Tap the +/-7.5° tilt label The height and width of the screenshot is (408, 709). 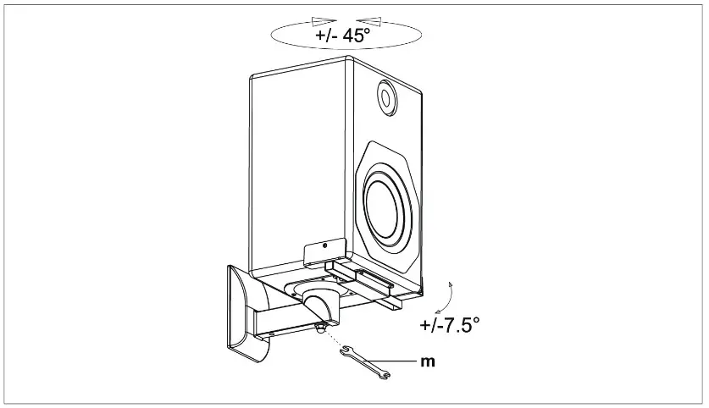pyautogui.click(x=449, y=325)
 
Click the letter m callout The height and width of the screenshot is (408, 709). pyautogui.click(x=429, y=361)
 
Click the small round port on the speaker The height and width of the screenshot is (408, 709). pyautogui.click(x=387, y=98)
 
